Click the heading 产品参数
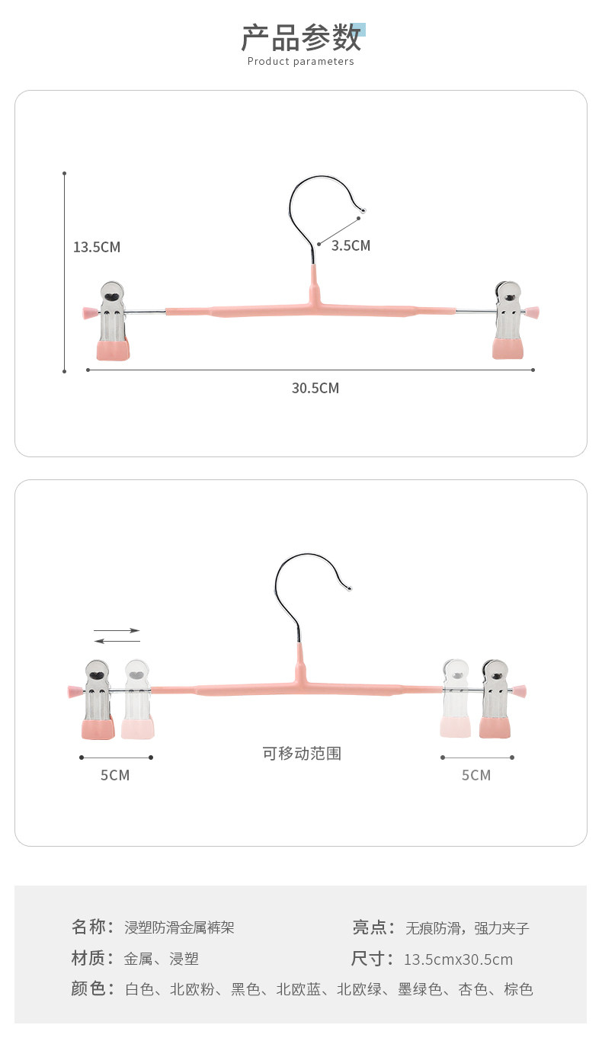coord(300,37)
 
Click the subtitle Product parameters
coord(300,62)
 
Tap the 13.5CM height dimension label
coord(97,247)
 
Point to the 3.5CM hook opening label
coord(351,245)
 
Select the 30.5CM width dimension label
coord(315,388)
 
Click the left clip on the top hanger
coord(113,321)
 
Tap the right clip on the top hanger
coord(508,321)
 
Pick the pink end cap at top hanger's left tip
coord(88,312)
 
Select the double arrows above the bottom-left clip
coord(117,636)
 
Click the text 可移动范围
coord(302,754)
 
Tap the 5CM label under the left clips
coord(115,775)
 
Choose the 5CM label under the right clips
coord(476,775)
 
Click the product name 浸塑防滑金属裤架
coord(179,927)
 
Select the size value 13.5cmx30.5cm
coord(458,959)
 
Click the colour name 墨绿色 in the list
coord(420,990)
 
